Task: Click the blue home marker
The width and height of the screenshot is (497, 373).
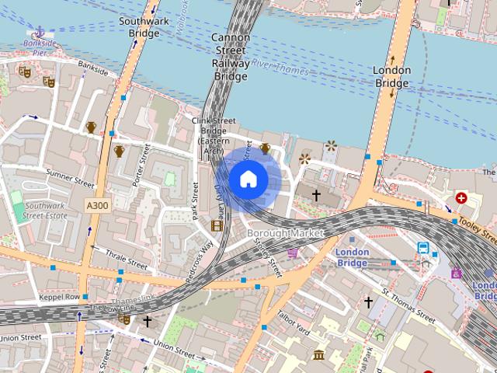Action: pos(248,180)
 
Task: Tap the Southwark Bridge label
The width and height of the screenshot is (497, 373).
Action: pos(144,27)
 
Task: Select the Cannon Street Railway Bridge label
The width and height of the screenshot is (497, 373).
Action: pos(230,57)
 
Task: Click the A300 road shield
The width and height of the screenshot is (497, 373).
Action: pos(97,204)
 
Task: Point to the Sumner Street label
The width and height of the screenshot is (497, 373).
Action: pos(69,179)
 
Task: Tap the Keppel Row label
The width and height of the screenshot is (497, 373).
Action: pos(60,297)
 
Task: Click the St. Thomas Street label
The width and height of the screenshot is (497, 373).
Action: pos(408,305)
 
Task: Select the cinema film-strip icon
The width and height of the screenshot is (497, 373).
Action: pos(217,225)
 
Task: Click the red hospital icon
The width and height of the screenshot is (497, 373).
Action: pos(463,198)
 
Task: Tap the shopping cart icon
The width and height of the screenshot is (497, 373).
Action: pos(293,253)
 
